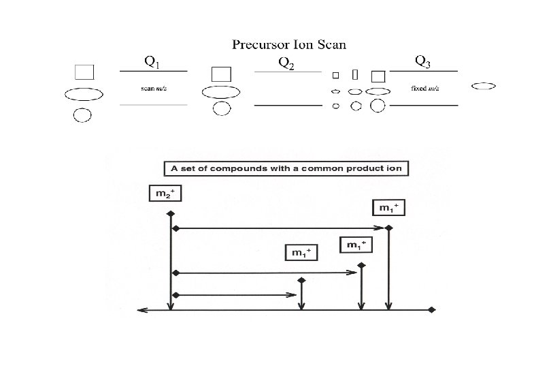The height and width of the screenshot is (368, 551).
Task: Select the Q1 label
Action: click(x=152, y=62)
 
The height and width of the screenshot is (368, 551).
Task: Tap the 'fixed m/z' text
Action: click(x=424, y=88)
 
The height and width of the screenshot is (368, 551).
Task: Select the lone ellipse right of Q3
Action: click(x=483, y=86)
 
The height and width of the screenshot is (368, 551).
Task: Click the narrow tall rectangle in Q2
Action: click(x=355, y=74)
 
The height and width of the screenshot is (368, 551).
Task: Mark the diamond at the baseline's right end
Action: click(x=433, y=310)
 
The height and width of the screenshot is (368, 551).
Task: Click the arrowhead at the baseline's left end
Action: click(x=140, y=310)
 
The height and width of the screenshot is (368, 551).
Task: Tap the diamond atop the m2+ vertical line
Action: click(x=170, y=213)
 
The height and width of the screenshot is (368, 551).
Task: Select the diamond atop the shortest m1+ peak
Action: click(x=301, y=279)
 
